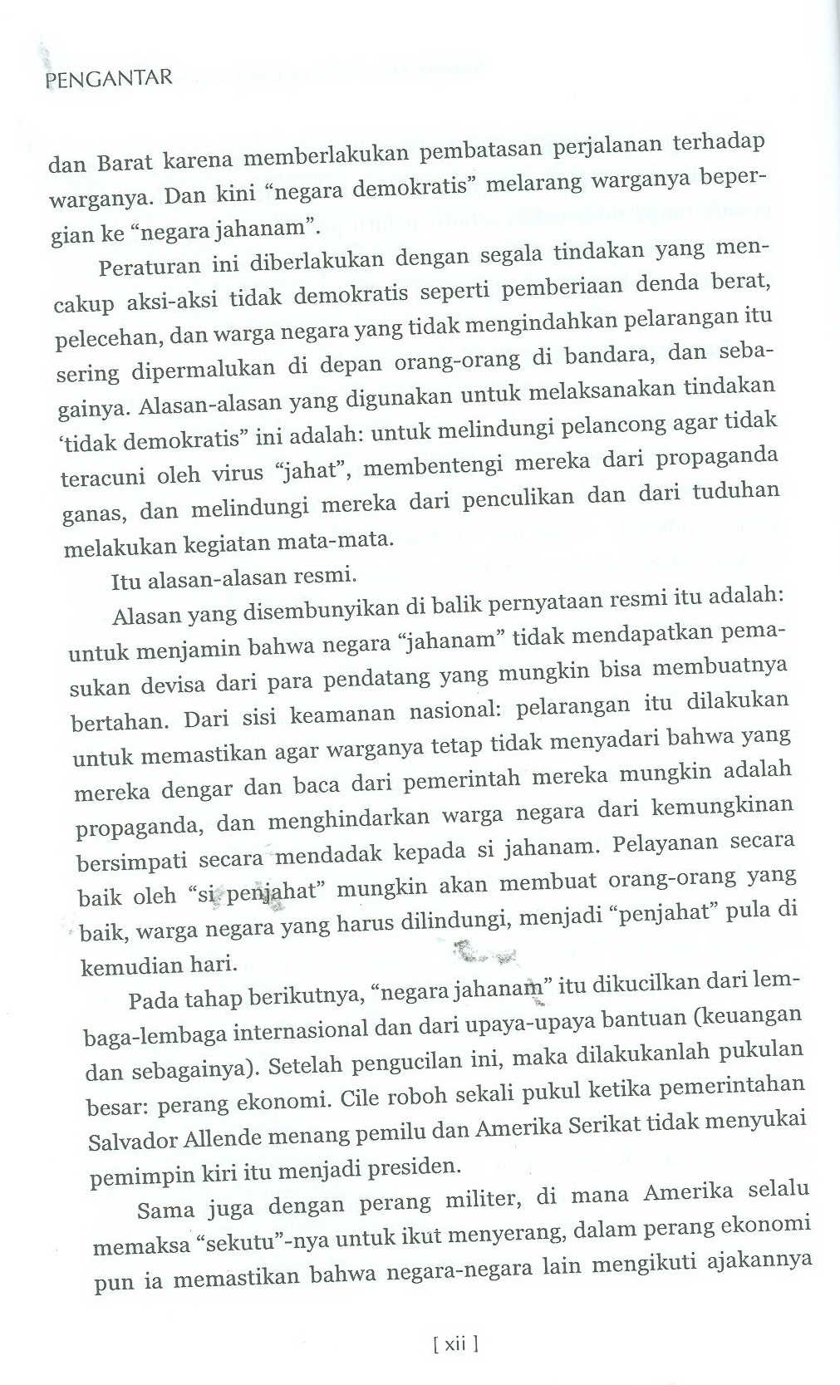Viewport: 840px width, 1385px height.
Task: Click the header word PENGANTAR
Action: click(x=109, y=80)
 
